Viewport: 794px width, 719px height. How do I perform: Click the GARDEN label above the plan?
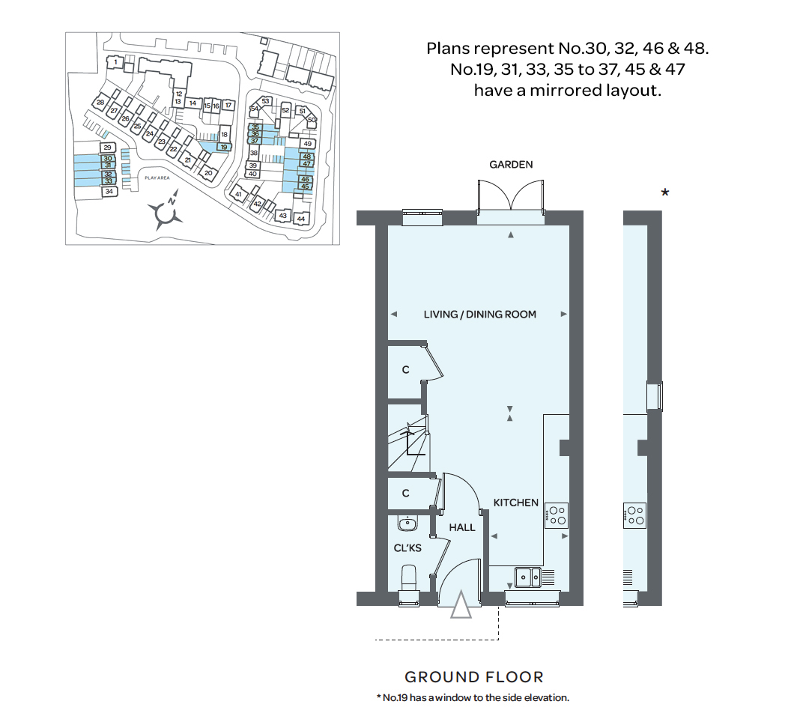pyautogui.click(x=511, y=165)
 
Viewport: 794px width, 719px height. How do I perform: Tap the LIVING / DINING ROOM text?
pyautogui.click(x=479, y=315)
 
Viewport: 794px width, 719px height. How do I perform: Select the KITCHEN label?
pyautogui.click(x=515, y=503)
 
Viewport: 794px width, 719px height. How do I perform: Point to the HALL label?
pyautogui.click(x=462, y=527)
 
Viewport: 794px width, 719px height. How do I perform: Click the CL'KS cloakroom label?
pyautogui.click(x=407, y=548)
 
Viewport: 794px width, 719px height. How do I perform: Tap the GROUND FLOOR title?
pyautogui.click(x=474, y=677)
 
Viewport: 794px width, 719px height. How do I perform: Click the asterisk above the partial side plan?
pyautogui.click(x=664, y=194)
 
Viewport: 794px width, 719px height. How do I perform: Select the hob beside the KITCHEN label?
pyautogui.click(x=557, y=515)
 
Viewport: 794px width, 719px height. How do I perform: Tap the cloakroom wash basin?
pyautogui.click(x=409, y=523)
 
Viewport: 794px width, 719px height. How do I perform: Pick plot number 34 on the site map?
pyautogui.click(x=109, y=192)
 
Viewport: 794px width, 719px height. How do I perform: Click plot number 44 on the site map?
pyautogui.click(x=301, y=219)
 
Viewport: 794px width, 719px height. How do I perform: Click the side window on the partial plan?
pyautogui.click(x=655, y=396)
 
